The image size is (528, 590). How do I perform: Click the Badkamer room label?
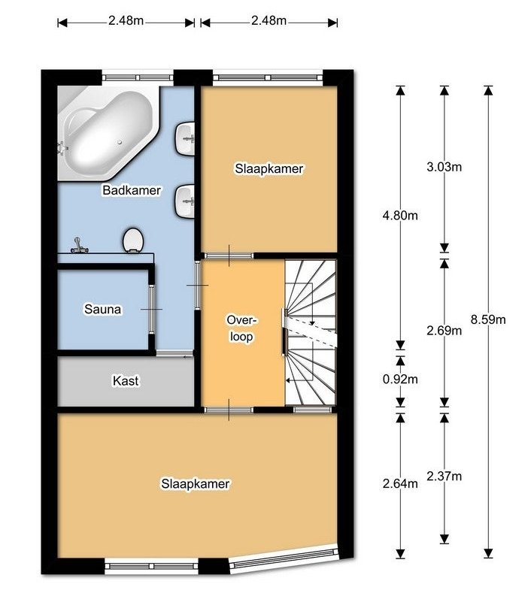pyautogui.click(x=132, y=190)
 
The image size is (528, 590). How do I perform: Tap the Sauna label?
pyautogui.click(x=103, y=310)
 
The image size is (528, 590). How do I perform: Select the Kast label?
pyautogui.click(x=126, y=381)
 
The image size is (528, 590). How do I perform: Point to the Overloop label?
pyautogui.click(x=241, y=328)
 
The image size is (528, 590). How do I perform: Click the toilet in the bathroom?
pyautogui.click(x=133, y=240)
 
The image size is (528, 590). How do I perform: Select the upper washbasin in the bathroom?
pyautogui.click(x=185, y=138)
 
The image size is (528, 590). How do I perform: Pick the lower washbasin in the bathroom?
pyautogui.click(x=185, y=201)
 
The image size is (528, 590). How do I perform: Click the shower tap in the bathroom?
pyautogui.click(x=79, y=245)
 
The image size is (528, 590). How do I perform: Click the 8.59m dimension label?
pyautogui.click(x=488, y=319)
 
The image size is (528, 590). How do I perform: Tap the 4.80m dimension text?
pyautogui.click(x=400, y=216)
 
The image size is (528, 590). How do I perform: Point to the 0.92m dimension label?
pyautogui.click(x=400, y=379)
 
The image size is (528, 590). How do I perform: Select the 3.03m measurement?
pyautogui.click(x=444, y=167)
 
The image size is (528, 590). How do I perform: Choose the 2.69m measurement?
pyautogui.click(x=444, y=331)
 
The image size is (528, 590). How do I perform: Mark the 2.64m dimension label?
pyautogui.click(x=400, y=483)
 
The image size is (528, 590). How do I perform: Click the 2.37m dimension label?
pyautogui.click(x=444, y=477)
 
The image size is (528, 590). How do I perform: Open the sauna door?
pyautogui.click(x=151, y=310)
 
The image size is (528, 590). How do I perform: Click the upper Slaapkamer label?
pyautogui.click(x=269, y=168)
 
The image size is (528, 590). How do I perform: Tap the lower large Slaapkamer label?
pyautogui.click(x=196, y=483)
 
